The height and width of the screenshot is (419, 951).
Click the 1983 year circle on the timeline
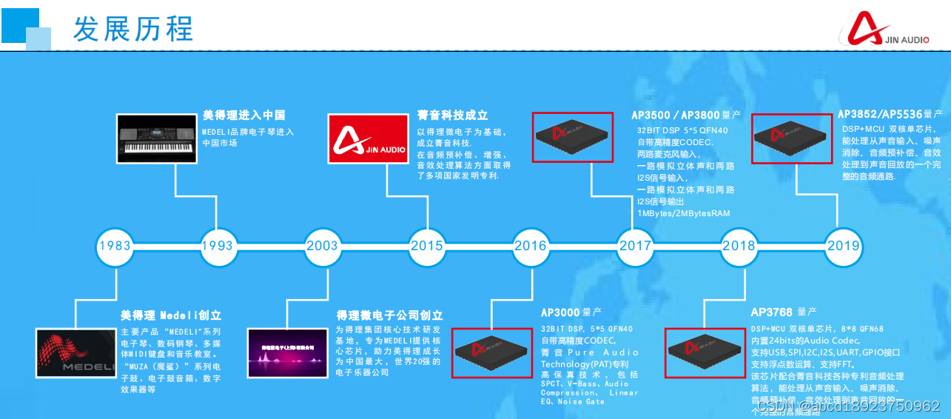(x=114, y=246)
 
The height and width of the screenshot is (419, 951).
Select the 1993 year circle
(x=218, y=246)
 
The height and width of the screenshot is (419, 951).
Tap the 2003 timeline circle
(x=322, y=246)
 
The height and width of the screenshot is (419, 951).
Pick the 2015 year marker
(x=427, y=246)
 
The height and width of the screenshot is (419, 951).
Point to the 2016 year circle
(x=531, y=246)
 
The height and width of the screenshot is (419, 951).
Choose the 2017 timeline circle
(x=635, y=246)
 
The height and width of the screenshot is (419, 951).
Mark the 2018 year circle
(x=739, y=246)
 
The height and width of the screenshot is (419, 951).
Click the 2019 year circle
(x=843, y=246)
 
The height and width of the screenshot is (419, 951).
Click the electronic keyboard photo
(x=158, y=138)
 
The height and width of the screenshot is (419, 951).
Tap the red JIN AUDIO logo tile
(x=368, y=138)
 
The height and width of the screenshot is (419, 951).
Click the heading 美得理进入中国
(x=244, y=115)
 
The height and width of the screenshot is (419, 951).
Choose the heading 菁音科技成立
(x=452, y=115)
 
